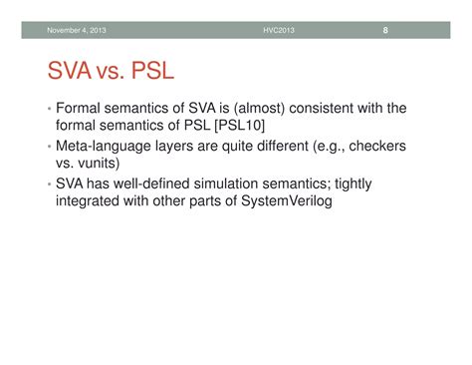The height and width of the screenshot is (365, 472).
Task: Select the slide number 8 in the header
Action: (x=384, y=29)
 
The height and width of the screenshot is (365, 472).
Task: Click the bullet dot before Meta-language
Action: (x=48, y=146)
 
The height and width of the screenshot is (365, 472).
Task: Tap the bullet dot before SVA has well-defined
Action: (x=48, y=183)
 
